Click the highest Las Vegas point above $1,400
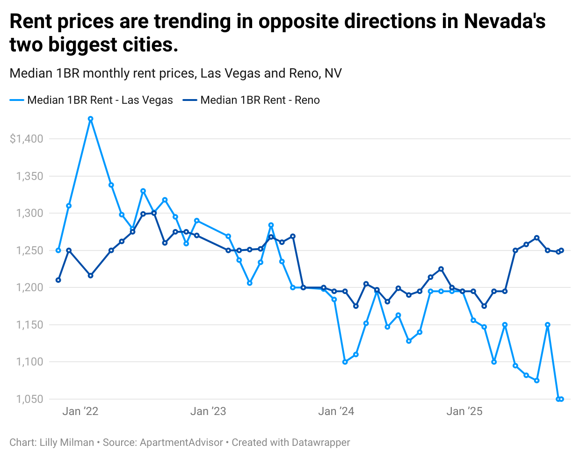91,119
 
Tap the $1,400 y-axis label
26,139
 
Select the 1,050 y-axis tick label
29,399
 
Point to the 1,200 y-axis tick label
29,287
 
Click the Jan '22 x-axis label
80,411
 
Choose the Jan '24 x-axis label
336,411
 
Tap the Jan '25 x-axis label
464,411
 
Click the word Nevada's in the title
504,21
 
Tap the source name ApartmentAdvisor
181,442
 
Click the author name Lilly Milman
67,442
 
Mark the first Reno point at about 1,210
58,280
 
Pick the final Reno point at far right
561,250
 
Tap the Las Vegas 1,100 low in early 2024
345,362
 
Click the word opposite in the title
300,21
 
